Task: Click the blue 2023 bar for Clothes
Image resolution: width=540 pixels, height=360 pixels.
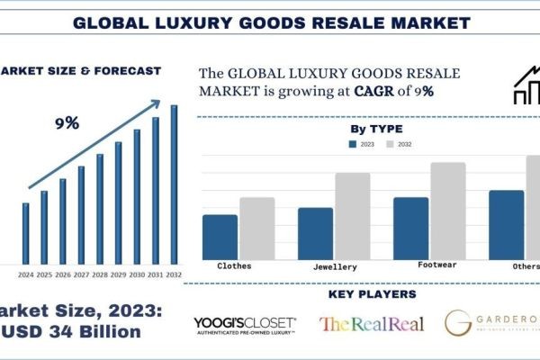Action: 220,237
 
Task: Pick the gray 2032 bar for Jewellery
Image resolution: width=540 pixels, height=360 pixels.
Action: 353,216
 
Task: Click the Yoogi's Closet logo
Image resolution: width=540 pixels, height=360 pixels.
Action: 245,325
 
